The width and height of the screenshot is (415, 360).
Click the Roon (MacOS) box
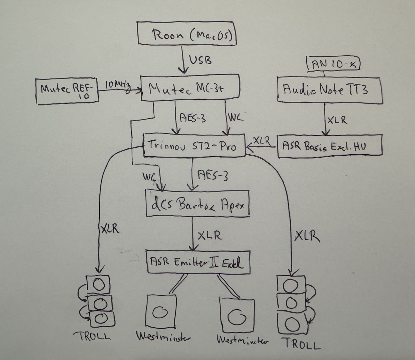pyautogui.click(x=187, y=33)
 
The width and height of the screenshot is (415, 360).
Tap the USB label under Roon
pyautogui.click(x=200, y=60)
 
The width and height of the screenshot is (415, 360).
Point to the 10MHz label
pyautogui.click(x=118, y=85)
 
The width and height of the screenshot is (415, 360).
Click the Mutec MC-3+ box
pyautogui.click(x=190, y=88)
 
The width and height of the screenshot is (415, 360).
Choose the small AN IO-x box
pyautogui.click(x=334, y=64)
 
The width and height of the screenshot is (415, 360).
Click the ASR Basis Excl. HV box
pyautogui.click(x=330, y=146)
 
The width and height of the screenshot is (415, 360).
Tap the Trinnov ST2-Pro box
pyautogui.click(x=194, y=146)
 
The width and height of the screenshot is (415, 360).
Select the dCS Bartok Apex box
pyautogui.click(x=197, y=204)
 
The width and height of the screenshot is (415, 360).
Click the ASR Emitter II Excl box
pyautogui.click(x=198, y=262)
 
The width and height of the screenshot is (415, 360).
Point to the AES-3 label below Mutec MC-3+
pyautogui.click(x=192, y=118)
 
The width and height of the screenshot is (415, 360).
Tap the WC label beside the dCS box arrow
pyautogui.click(x=149, y=177)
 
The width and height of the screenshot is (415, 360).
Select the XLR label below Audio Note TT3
pyautogui.click(x=337, y=120)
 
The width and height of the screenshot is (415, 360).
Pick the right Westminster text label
pyautogui.click(x=242, y=340)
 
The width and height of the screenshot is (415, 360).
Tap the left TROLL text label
pyautogui.click(x=94, y=336)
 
